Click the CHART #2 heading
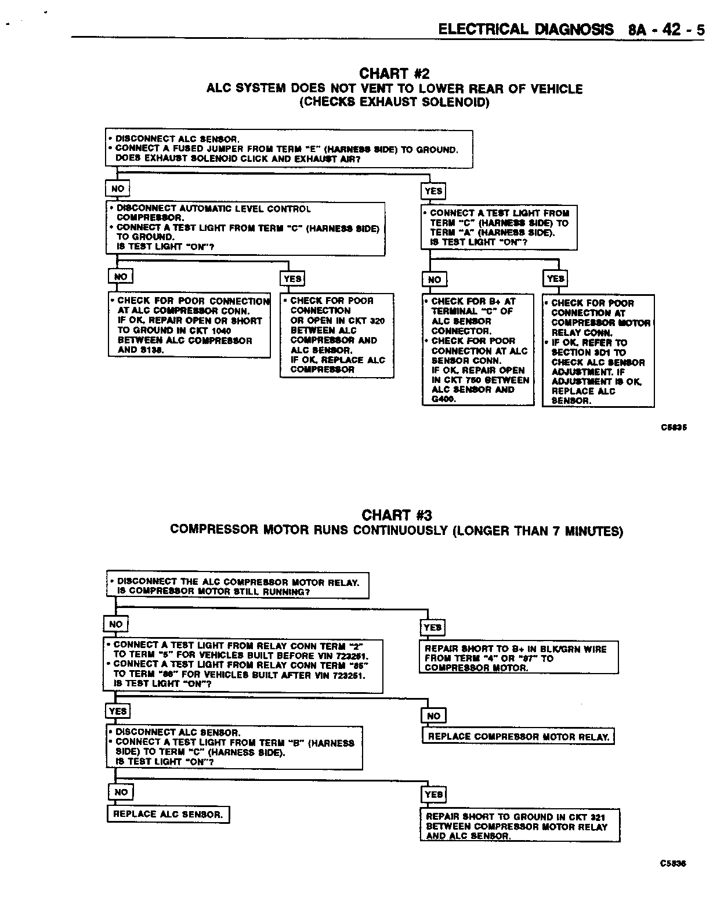(x=394, y=74)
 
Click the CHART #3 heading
(x=397, y=515)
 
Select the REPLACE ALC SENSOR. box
(x=168, y=814)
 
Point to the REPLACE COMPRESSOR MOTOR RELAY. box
(x=518, y=737)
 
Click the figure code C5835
(x=674, y=428)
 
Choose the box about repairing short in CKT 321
(x=520, y=826)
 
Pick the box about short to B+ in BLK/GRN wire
(x=518, y=658)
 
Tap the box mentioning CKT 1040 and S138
(x=190, y=325)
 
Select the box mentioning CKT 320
(x=337, y=335)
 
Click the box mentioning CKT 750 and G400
(x=478, y=350)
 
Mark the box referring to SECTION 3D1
(x=598, y=351)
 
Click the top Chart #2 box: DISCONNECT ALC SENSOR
(x=289, y=149)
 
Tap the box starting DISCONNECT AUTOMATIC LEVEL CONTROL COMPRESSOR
(x=245, y=228)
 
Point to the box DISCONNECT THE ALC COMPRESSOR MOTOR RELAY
(x=238, y=586)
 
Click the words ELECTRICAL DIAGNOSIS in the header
(x=526, y=30)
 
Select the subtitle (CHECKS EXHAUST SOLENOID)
(x=394, y=103)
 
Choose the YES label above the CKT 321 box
(x=434, y=794)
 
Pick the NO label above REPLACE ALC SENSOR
(x=121, y=792)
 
